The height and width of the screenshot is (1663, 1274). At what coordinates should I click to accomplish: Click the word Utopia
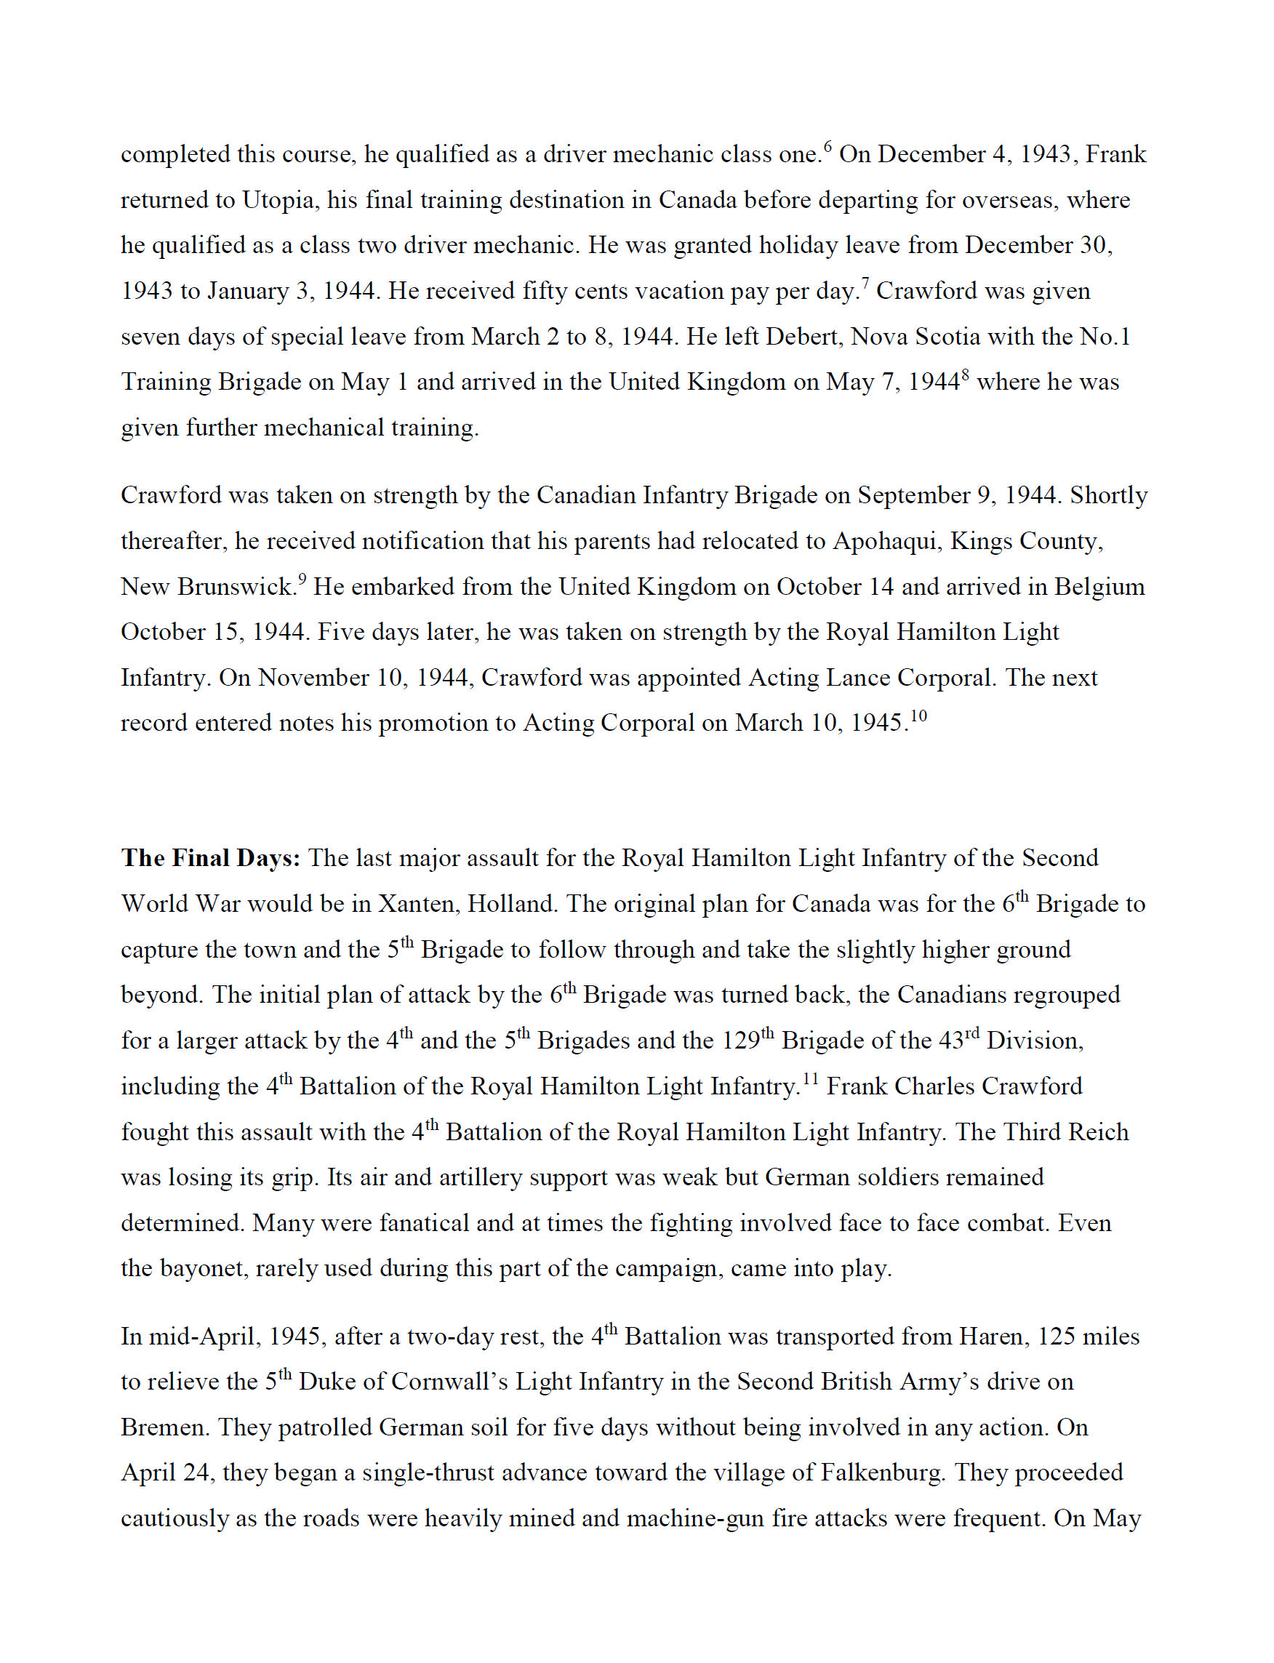(x=277, y=200)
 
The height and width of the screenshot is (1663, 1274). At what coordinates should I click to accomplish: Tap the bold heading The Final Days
(x=211, y=857)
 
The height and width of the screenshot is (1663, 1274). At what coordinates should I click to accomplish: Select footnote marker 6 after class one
(x=828, y=146)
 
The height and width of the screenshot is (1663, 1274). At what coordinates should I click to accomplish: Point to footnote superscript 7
(x=865, y=283)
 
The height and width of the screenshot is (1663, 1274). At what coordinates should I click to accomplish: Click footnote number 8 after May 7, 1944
(x=966, y=374)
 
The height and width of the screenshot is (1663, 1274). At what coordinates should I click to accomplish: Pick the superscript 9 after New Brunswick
(x=302, y=579)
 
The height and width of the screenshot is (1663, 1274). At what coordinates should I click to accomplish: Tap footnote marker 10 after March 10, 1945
(x=918, y=715)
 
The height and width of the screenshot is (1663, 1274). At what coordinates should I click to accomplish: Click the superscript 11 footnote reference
(x=811, y=1078)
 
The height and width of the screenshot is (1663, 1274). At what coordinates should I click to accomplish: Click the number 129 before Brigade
(x=740, y=1041)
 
